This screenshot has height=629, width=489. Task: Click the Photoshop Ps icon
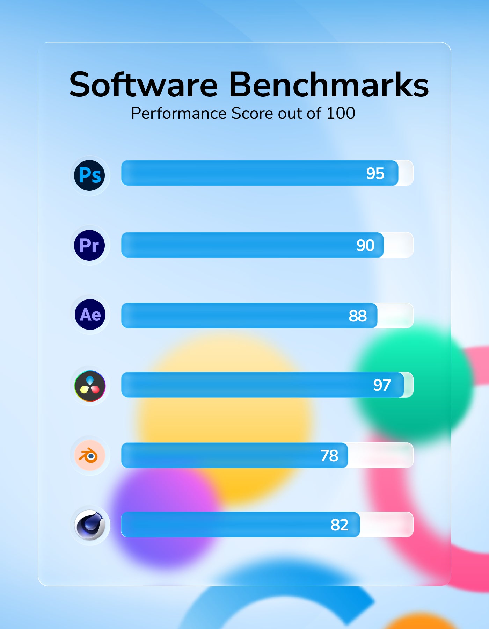click(x=90, y=175)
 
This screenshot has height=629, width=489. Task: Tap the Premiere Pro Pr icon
click(x=89, y=245)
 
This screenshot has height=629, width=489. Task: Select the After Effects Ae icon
click(x=90, y=314)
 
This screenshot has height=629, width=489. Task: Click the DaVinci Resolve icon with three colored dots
click(x=90, y=386)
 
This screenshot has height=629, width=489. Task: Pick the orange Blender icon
click(x=90, y=455)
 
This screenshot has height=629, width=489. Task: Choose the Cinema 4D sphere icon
click(x=90, y=525)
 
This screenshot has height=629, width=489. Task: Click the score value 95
click(x=375, y=173)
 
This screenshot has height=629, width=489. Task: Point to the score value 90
click(x=365, y=245)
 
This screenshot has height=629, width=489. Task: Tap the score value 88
click(x=358, y=316)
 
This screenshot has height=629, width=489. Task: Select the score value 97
click(x=382, y=385)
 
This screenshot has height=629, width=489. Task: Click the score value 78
click(x=329, y=456)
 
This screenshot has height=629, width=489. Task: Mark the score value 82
click(x=340, y=525)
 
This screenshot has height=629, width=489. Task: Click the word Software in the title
click(x=144, y=85)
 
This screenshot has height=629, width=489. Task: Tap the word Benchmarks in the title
click(x=329, y=85)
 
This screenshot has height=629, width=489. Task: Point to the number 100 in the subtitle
click(x=341, y=113)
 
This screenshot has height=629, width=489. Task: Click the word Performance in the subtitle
click(x=178, y=113)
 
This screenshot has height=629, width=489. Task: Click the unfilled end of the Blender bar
click(x=381, y=455)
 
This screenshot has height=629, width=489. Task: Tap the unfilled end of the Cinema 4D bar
click(x=386, y=525)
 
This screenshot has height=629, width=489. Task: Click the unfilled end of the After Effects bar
click(x=395, y=316)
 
